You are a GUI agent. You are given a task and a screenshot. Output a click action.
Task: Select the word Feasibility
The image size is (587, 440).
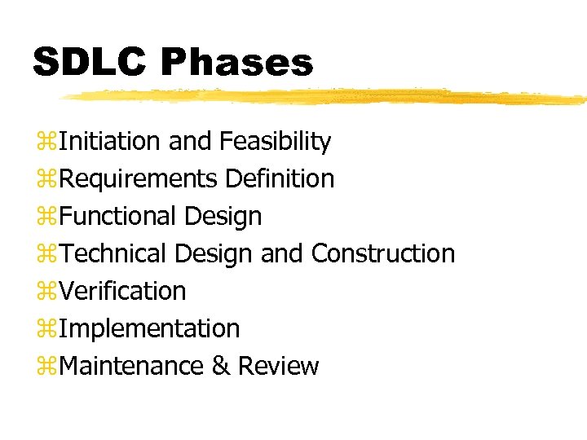pyautogui.click(x=275, y=142)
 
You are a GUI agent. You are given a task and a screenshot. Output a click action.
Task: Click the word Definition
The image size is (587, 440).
pyautogui.click(x=280, y=179)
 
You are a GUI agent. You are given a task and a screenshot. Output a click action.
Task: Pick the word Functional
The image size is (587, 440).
pyautogui.click(x=119, y=217)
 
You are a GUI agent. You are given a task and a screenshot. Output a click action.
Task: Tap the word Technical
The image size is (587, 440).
pyautogui.click(x=114, y=254)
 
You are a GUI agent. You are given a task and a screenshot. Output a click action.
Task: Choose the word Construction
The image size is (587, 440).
pyautogui.click(x=383, y=254)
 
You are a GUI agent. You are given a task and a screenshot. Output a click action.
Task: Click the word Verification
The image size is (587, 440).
pyautogui.click(x=123, y=291)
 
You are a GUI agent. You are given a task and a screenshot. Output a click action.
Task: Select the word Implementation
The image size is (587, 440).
pyautogui.click(x=150, y=328)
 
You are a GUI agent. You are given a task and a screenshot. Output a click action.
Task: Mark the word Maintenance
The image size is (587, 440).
pyautogui.click(x=131, y=366)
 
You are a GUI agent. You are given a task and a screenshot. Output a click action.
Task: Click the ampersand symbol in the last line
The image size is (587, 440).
pyautogui.click(x=220, y=366)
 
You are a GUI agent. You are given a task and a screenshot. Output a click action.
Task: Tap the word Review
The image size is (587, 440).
pyautogui.click(x=278, y=366)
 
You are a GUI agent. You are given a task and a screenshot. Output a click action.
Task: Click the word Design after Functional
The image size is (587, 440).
pyautogui.click(x=223, y=217)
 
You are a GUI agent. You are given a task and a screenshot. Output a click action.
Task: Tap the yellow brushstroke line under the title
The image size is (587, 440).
pyautogui.click(x=326, y=97)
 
